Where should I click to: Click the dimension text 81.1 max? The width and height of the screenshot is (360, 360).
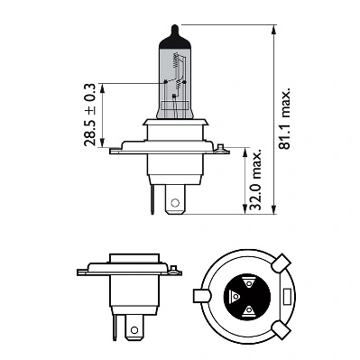click(288, 118)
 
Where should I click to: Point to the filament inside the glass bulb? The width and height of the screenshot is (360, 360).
click(178, 87)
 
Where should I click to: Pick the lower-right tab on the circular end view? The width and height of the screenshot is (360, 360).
click(281, 328)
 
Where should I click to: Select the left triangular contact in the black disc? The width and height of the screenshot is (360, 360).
click(234, 298)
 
